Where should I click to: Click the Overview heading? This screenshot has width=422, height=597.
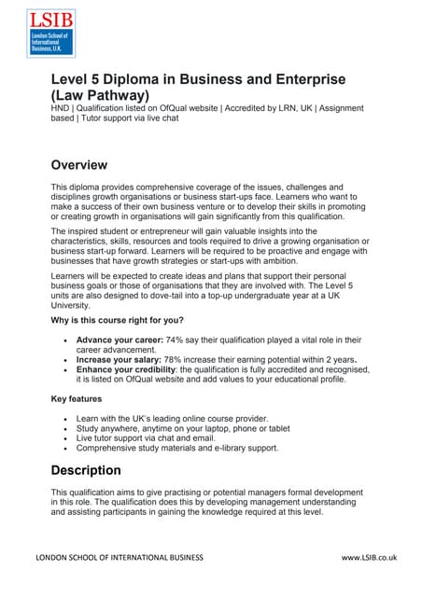click(79, 165)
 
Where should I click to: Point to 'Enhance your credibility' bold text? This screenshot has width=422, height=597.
click(125, 369)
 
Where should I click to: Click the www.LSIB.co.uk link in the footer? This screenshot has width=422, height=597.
click(369, 558)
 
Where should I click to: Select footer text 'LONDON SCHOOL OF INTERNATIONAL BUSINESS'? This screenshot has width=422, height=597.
click(119, 558)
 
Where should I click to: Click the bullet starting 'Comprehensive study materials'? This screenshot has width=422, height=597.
click(177, 449)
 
